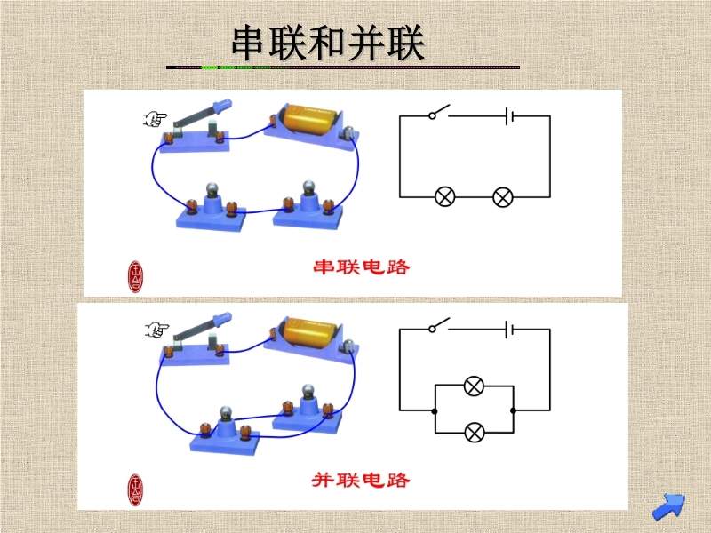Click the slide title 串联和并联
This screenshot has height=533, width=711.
328,43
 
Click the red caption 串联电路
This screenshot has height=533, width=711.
362,266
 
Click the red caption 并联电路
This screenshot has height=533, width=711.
362,480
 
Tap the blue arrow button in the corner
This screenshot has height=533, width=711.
668,506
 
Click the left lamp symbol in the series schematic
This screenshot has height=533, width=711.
444,196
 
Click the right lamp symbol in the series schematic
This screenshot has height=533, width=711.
503,196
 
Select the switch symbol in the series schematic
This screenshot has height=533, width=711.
437,114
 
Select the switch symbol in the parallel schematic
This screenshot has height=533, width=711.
437,326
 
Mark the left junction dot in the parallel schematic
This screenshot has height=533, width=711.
435,410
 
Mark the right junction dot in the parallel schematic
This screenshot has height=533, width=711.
515,410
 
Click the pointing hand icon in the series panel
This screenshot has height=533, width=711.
156,118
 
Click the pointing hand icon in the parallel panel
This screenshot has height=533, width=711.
156,331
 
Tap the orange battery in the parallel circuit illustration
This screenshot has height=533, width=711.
308,332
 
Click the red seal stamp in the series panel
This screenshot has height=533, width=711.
136,275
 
